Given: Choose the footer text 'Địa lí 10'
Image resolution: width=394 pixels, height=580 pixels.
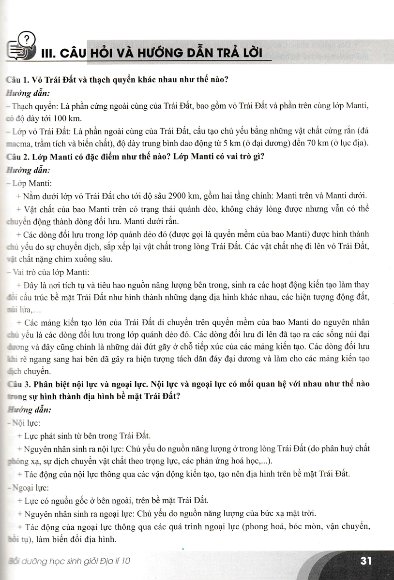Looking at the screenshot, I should click(113, 562).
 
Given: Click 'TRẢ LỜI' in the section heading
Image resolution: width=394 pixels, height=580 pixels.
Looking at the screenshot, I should click(229, 52).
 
